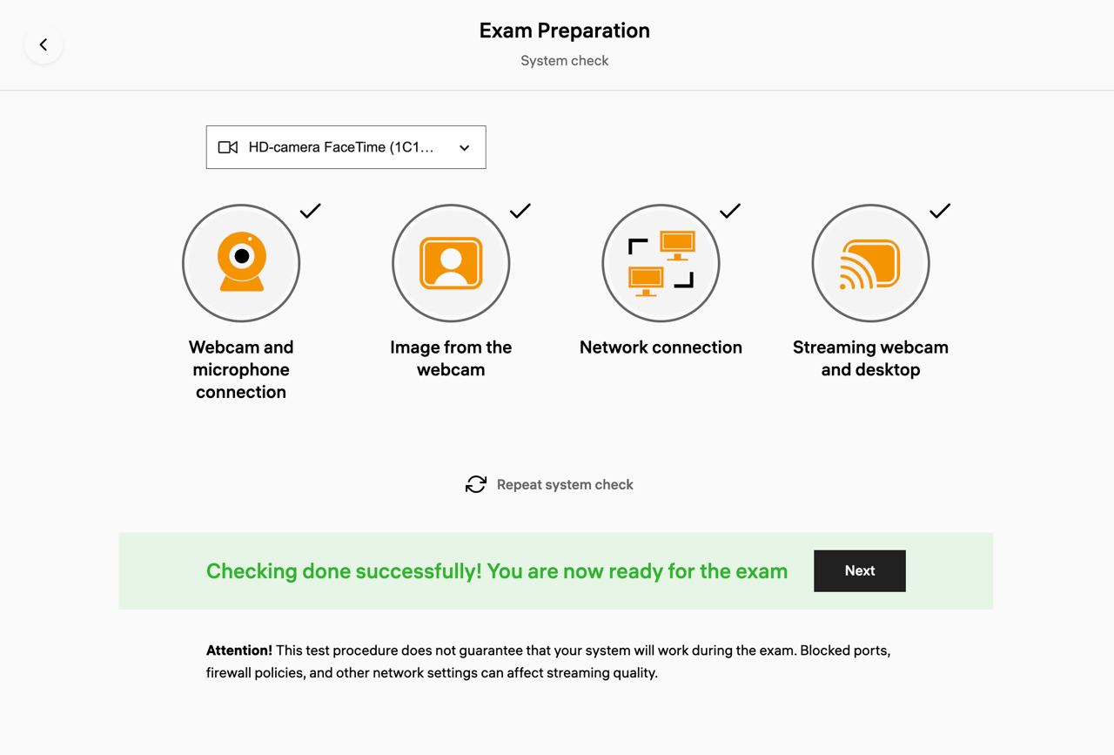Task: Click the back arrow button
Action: point(44,44)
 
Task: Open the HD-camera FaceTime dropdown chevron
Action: point(465,148)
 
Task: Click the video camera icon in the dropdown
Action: point(228,147)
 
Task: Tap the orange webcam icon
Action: point(242,262)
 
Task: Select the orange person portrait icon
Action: point(451,263)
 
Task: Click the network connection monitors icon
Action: point(661,263)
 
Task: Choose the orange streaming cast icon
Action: point(869,264)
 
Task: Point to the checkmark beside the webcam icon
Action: point(311,211)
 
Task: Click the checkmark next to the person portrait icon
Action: point(520,211)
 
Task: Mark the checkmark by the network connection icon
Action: point(730,211)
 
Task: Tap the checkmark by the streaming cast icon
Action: point(940,211)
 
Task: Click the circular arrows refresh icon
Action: point(476,484)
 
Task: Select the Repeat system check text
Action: point(565,485)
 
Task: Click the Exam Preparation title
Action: point(565,30)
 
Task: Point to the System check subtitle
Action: point(565,61)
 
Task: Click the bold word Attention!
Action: point(239,651)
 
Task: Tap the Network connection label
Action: point(661,347)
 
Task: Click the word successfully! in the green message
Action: point(417,571)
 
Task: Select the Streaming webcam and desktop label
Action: point(871,358)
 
